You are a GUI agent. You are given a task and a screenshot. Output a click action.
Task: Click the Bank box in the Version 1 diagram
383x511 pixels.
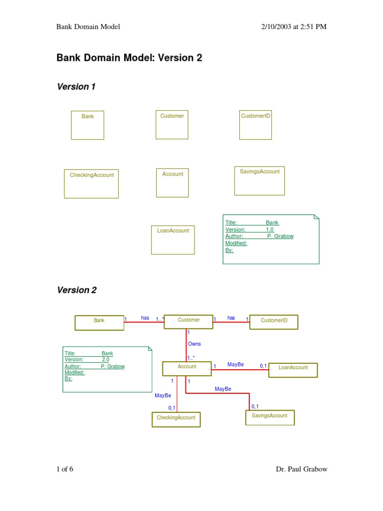pyautogui.click(x=87, y=125)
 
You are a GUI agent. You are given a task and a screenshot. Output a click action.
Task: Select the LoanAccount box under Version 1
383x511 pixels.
pyautogui.click(x=173, y=240)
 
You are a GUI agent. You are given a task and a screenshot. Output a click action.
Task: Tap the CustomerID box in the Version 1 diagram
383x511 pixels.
pyautogui.click(x=255, y=125)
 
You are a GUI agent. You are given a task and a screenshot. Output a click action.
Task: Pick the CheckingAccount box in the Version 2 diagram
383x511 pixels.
pyautogui.click(x=176, y=419)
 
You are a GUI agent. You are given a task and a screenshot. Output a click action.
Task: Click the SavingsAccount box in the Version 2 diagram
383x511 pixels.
pyautogui.click(x=270, y=417)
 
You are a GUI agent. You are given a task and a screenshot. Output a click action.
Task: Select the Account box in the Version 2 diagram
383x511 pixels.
pyautogui.click(x=187, y=368)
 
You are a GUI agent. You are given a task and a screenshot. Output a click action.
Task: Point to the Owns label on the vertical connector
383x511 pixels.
pyautogui.click(x=194, y=344)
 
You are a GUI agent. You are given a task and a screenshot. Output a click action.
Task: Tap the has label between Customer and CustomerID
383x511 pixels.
pyautogui.click(x=231, y=318)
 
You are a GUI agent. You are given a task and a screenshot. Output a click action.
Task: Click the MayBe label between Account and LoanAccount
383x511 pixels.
pyautogui.click(x=235, y=365)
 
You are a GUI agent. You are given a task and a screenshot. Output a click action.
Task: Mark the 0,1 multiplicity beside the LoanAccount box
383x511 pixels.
pyautogui.click(x=263, y=366)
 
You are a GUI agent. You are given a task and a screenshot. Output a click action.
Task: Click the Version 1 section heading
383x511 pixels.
pyautogui.click(x=76, y=87)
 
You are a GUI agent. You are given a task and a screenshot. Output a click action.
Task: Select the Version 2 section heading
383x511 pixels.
pyautogui.click(x=76, y=290)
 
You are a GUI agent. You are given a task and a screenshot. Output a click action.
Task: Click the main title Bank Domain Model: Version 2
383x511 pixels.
pyautogui.click(x=129, y=58)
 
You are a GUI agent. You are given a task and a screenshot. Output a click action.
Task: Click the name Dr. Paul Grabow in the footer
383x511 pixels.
pyautogui.click(x=301, y=469)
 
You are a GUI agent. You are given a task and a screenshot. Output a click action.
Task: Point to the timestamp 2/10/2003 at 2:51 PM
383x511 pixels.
pyautogui.click(x=294, y=26)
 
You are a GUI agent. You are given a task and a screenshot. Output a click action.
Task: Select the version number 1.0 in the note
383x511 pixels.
pyautogui.click(x=269, y=230)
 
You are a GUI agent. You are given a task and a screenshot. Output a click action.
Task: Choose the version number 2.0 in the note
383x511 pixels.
pyautogui.click(x=105, y=359)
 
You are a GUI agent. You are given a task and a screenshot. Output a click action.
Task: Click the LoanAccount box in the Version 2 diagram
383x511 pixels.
pyautogui.click(x=293, y=370)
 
